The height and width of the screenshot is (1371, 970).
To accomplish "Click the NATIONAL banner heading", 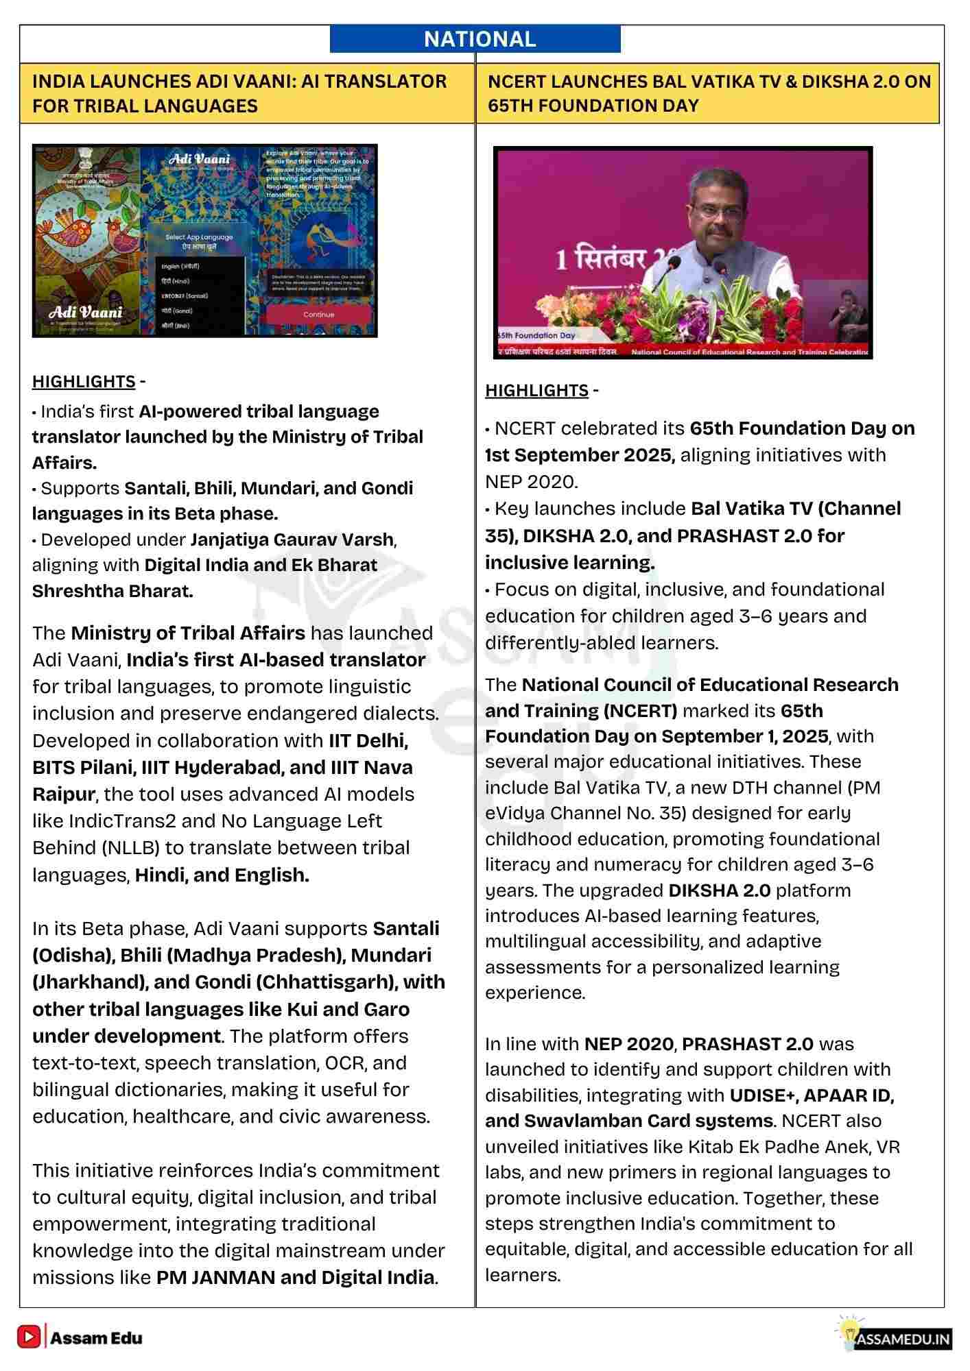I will [480, 39].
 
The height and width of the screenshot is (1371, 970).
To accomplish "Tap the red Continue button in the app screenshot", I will [318, 315].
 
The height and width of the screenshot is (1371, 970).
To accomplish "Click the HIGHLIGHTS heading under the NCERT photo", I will [536, 391].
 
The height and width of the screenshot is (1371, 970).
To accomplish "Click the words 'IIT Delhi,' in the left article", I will [368, 741].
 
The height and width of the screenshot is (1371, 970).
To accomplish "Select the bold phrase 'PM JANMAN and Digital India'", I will [296, 1278].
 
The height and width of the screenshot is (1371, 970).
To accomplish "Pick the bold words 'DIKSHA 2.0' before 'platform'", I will [719, 890].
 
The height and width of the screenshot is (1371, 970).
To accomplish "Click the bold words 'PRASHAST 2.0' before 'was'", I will [748, 1044].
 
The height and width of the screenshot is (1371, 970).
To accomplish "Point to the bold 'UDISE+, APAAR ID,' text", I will [812, 1095].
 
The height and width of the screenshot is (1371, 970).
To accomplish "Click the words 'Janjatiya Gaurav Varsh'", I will [292, 539].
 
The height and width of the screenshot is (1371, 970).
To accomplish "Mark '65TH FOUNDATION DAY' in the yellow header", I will [593, 106].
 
